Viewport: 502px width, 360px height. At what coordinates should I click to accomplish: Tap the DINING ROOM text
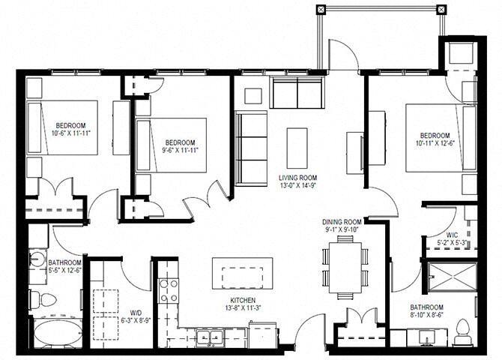[x=342, y=221]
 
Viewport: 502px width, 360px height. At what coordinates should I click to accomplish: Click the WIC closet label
[x=444, y=235]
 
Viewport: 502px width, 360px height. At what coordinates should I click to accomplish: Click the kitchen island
[x=241, y=272]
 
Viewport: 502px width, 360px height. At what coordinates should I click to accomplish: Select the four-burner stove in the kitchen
[x=169, y=290]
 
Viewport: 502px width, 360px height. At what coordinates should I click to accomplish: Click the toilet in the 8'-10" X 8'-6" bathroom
[x=462, y=330]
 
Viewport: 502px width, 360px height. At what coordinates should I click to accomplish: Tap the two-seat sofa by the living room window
[x=297, y=92]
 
